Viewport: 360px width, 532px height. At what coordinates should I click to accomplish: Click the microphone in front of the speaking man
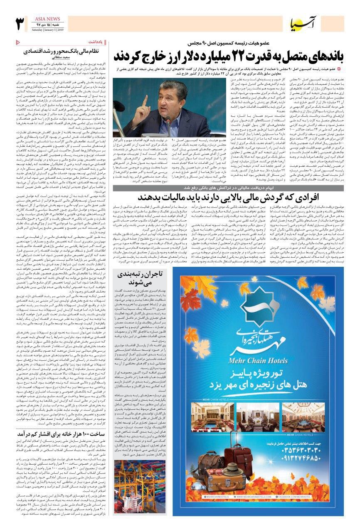(168, 122)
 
